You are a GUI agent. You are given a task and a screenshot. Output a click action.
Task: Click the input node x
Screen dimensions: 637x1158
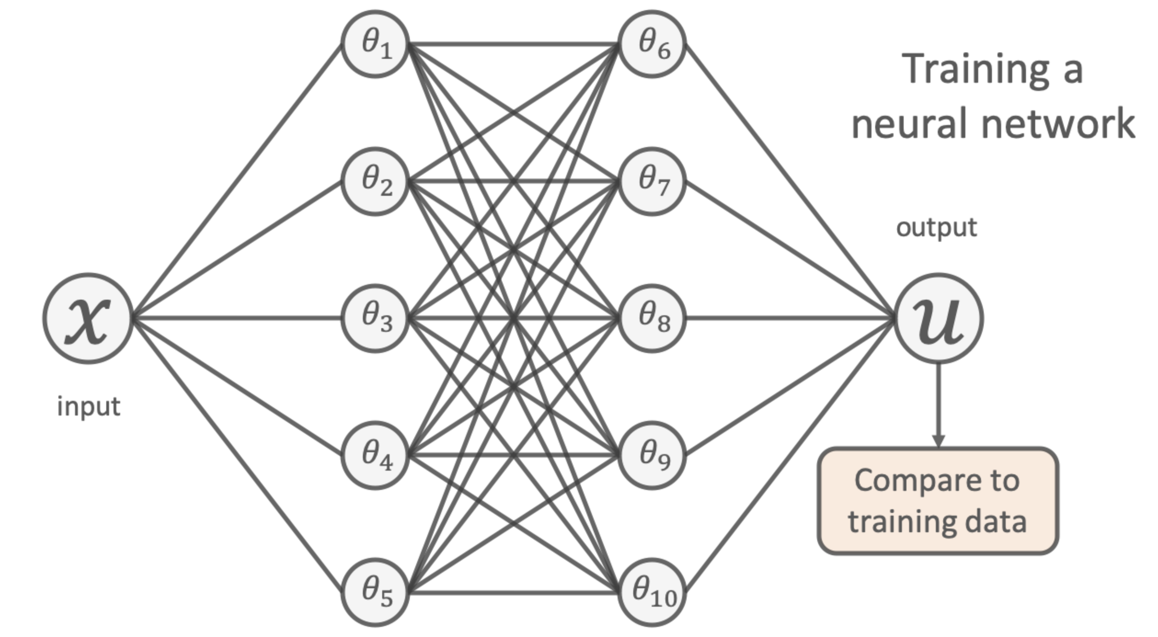(x=88, y=318)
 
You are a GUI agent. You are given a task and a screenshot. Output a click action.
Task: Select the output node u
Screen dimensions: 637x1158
(x=938, y=318)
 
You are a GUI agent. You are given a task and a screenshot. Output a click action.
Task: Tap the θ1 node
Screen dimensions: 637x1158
(x=375, y=44)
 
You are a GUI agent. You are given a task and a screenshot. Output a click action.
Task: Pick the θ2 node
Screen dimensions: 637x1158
(x=375, y=182)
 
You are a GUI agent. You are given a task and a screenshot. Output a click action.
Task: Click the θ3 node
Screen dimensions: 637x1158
(x=375, y=318)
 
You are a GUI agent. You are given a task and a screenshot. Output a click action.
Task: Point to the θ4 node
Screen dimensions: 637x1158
(x=375, y=455)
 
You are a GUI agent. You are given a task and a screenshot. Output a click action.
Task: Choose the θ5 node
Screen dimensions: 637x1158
(x=375, y=592)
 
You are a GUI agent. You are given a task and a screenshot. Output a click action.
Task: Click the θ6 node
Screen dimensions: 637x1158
(x=652, y=44)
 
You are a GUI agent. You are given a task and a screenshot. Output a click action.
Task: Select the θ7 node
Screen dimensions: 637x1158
(x=652, y=182)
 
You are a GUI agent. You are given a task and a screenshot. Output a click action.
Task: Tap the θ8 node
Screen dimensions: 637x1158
(x=652, y=318)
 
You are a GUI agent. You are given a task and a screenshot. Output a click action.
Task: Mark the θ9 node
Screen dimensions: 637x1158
(x=652, y=455)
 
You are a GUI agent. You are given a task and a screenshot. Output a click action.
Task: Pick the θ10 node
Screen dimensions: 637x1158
(x=652, y=592)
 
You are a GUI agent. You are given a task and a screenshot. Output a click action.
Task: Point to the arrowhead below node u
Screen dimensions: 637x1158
(x=938, y=440)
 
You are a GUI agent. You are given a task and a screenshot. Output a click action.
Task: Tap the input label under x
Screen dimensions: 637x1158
(x=88, y=407)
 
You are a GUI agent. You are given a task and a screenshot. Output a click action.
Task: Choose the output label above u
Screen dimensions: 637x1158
(x=936, y=227)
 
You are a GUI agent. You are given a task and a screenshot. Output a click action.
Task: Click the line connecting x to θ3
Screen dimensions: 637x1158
(x=237, y=318)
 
